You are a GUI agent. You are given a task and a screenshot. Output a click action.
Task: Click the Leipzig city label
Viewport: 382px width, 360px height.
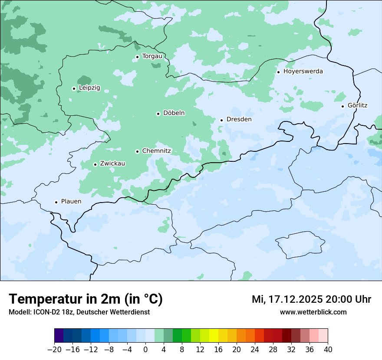coord(89,88)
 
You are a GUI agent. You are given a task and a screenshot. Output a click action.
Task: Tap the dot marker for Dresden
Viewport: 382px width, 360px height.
coord(221,120)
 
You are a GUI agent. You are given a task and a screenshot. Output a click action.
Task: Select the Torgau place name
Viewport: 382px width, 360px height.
coord(152,56)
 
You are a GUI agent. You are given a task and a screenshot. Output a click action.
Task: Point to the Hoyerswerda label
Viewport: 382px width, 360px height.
coord(303,72)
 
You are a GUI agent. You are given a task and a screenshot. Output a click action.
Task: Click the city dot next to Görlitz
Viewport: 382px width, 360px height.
coord(342,106)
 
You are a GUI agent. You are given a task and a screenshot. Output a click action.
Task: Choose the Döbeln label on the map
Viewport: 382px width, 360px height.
coord(174,113)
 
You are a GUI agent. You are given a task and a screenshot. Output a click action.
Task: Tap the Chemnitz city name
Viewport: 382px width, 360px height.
coord(156,151)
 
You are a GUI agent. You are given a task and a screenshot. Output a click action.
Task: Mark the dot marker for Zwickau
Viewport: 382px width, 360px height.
coord(95,164)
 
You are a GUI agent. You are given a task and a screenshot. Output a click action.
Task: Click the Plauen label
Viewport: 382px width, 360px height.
coord(71,202)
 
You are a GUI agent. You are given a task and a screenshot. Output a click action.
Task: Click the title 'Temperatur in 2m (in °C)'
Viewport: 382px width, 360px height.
coord(86,299)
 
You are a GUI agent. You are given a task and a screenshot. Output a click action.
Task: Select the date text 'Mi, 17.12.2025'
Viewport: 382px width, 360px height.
coord(286,299)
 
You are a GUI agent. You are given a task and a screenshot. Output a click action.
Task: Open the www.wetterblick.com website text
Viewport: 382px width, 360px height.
coord(313,312)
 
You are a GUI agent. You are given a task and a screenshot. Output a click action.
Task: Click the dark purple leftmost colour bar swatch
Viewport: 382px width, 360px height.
coord(59,336)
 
